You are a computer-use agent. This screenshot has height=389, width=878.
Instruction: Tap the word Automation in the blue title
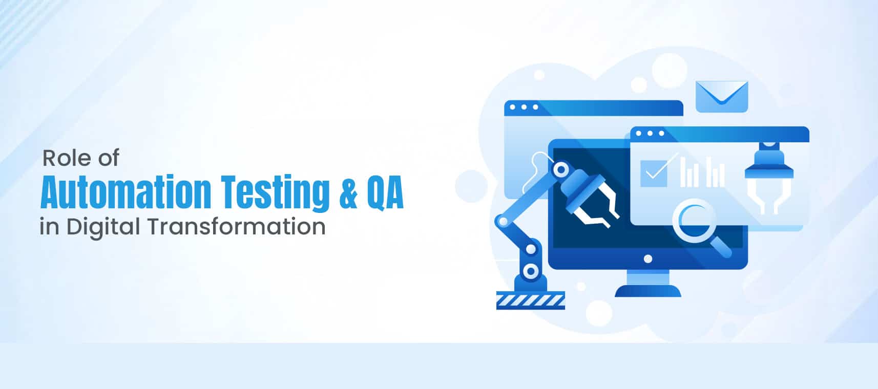(126, 192)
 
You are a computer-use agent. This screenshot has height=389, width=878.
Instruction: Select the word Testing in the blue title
(275, 193)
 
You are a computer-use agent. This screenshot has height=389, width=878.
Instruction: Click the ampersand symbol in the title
(348, 192)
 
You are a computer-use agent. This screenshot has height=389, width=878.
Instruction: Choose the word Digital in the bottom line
(103, 227)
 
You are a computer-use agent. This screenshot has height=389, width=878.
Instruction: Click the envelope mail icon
(722, 96)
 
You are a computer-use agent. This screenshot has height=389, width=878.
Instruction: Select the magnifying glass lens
(694, 221)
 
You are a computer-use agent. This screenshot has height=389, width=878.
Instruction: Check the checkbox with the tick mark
(654, 173)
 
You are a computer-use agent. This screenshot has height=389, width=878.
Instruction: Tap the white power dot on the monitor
(648, 259)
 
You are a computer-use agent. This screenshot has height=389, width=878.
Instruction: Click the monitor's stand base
(648, 291)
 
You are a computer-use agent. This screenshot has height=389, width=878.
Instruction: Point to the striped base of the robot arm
(530, 300)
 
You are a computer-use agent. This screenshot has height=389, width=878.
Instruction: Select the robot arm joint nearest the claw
(561, 169)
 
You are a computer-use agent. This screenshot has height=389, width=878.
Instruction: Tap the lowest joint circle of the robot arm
(531, 271)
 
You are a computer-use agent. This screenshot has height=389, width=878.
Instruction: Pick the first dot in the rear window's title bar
(512, 107)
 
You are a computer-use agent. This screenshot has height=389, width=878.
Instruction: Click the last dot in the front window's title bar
(662, 133)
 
